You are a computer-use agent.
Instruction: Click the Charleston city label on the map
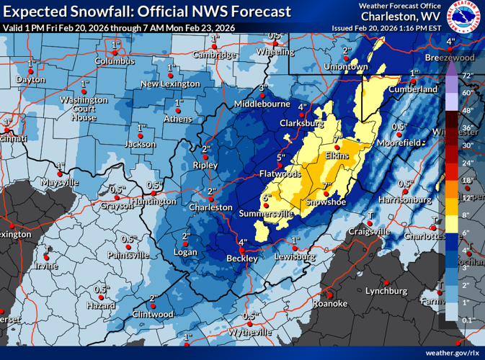pos(210,207)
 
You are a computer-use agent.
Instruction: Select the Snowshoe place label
pos(326,202)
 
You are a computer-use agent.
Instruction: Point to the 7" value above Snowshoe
pos(326,186)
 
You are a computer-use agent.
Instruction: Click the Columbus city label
pos(115,61)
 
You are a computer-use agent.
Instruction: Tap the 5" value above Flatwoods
pos(281,158)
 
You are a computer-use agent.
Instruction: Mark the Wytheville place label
pos(249,333)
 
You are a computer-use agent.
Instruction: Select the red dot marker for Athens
pos(177,111)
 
